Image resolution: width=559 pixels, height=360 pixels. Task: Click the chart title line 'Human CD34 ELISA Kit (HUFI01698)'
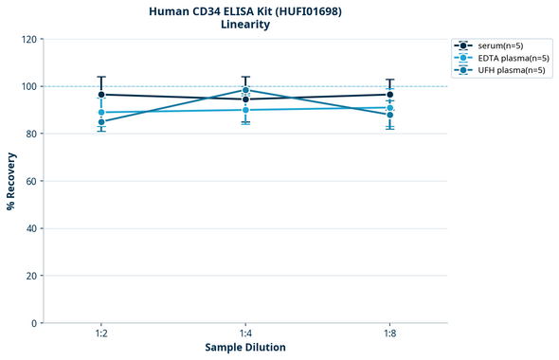(245, 10)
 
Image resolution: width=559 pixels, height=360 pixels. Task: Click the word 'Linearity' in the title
(245, 25)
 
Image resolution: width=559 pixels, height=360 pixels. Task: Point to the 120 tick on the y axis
(29, 39)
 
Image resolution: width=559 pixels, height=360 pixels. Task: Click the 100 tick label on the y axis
(29, 86)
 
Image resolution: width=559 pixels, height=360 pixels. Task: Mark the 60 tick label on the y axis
(32, 181)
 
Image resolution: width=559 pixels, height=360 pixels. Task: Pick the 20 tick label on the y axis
(32, 276)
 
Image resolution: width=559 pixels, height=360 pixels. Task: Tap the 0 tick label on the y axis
(35, 323)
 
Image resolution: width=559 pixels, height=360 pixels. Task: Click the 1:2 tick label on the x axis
(101, 333)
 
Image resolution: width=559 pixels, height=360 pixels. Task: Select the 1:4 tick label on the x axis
(245, 333)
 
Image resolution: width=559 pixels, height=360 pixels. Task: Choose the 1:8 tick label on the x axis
(390, 333)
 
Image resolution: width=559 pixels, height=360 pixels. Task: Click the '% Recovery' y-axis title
(11, 181)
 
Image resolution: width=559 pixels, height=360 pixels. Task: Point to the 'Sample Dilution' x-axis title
(245, 348)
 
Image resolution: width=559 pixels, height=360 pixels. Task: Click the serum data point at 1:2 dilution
(101, 95)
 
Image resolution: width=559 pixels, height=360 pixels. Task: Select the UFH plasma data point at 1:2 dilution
(101, 122)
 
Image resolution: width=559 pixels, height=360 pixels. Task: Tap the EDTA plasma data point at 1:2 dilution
(101, 113)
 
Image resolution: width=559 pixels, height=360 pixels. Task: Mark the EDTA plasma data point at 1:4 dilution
(245, 110)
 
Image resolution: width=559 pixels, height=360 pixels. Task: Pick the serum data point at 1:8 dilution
(390, 95)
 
